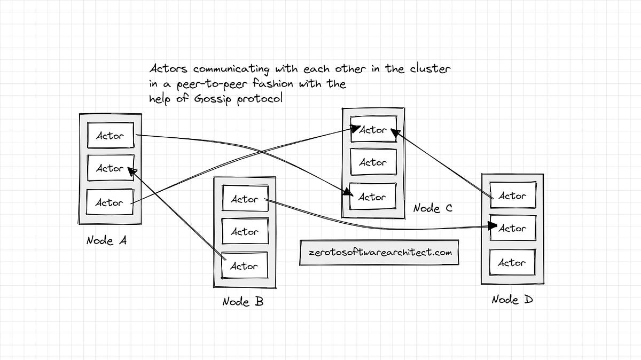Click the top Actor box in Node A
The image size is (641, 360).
coord(110,136)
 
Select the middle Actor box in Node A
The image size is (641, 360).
coord(110,168)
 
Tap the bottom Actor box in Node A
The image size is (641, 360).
coord(110,202)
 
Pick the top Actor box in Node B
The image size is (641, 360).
coord(244,199)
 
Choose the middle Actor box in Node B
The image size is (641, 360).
coord(244,232)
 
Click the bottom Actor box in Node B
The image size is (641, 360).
coord(244,265)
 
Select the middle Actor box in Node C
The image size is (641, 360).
coord(372,162)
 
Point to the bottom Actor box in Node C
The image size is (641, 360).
coord(372,197)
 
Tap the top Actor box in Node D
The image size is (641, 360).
coord(512,196)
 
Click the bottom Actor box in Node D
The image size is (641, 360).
coord(512,263)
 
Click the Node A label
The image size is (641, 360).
coord(107,241)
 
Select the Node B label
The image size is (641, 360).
coord(243,302)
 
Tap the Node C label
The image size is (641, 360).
coord(433,208)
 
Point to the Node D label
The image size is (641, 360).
coord(512,300)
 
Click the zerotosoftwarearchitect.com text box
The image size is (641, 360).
coord(379,252)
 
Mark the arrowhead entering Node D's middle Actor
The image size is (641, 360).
coord(493,227)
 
